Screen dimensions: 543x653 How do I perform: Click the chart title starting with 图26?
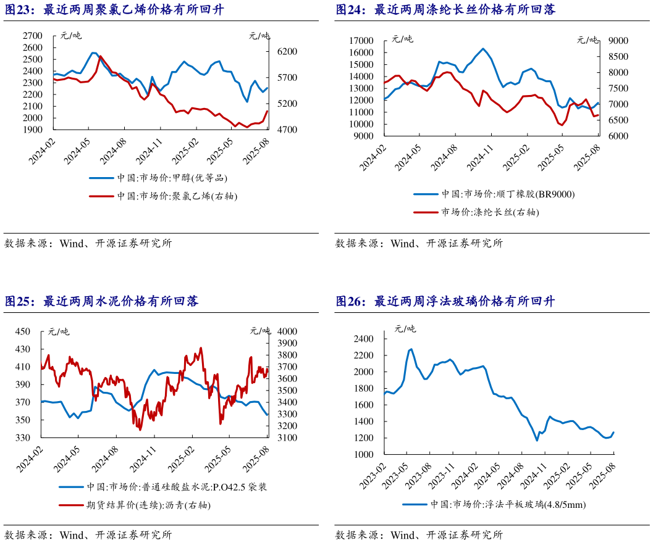[445, 302]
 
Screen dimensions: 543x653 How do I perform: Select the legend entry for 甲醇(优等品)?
[172, 178]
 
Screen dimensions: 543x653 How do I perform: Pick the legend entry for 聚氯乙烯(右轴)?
[177, 196]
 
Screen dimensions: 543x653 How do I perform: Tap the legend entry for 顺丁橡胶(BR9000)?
[507, 194]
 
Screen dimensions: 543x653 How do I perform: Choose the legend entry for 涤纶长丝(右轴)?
[488, 212]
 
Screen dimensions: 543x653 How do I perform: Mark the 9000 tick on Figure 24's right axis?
[618, 41]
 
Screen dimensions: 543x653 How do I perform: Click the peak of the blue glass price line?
[411, 349]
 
